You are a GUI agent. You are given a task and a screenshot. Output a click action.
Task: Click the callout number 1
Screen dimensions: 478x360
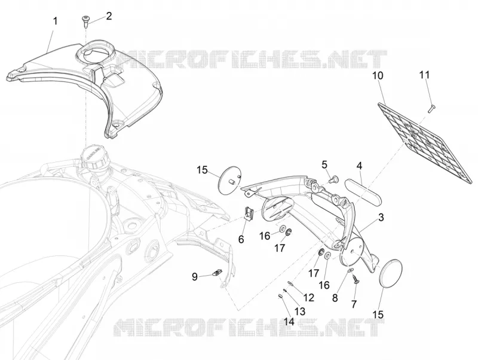point(55,22)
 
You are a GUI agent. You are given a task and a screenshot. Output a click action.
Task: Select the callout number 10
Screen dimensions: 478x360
point(378,76)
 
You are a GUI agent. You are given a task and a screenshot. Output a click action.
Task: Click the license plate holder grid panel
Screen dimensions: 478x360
point(426,144)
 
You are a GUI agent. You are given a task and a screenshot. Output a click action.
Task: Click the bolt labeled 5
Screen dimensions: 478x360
point(334,179)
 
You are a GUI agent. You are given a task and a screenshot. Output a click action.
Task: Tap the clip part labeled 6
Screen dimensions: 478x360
point(249,213)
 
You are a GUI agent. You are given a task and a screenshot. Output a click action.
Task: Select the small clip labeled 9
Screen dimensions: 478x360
point(217,273)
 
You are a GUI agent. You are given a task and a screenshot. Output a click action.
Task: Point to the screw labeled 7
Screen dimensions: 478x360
point(356,279)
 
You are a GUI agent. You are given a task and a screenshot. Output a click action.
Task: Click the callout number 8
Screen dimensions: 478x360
point(335,298)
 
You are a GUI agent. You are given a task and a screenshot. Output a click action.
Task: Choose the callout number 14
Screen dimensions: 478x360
point(289,321)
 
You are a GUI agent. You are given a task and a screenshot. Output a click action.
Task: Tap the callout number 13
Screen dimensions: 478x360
point(300,312)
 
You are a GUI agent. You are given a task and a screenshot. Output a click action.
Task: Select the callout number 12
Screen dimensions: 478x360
point(308,297)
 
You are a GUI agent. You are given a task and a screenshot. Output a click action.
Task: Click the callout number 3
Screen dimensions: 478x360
point(381,218)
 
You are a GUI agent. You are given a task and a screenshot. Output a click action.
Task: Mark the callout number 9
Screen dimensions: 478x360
point(195,277)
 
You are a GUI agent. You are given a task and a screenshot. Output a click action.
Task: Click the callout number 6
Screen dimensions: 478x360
point(241,239)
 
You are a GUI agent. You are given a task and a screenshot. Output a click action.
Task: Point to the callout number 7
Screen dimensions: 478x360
point(354,304)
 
